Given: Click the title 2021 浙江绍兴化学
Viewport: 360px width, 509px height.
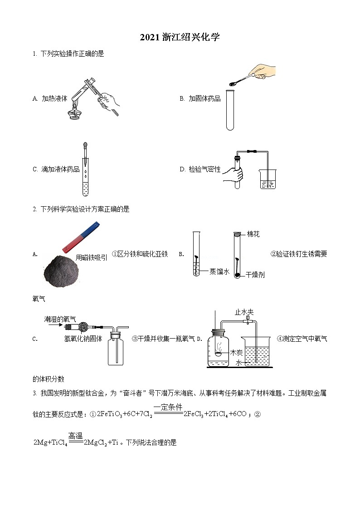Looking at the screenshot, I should [x=180, y=38].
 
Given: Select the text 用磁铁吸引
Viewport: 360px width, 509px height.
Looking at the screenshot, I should [x=92, y=257].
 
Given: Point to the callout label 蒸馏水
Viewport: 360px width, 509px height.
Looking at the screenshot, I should [x=219, y=271].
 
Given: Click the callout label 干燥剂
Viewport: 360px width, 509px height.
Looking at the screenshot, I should [x=255, y=275].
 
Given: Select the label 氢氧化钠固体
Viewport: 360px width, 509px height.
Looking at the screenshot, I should [x=83, y=338].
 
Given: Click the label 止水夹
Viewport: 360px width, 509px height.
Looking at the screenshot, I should [x=243, y=312].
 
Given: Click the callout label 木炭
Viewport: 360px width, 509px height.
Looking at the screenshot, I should [x=237, y=352].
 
